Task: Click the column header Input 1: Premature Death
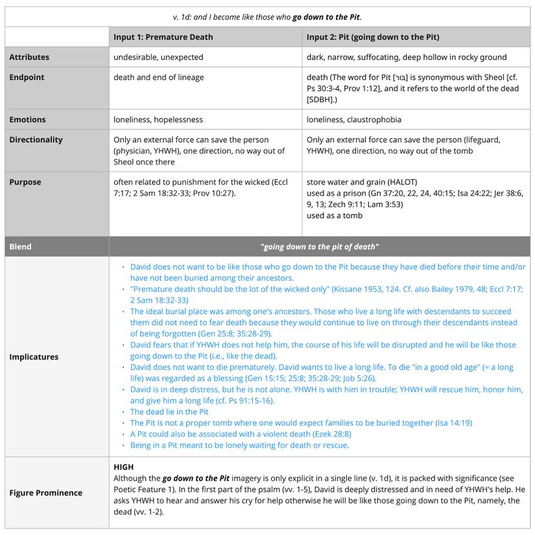163,37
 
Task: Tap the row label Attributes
29,57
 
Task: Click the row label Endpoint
27,77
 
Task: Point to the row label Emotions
27,119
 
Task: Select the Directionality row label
36,140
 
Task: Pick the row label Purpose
25,182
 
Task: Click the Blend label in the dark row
20,247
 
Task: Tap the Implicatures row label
34,356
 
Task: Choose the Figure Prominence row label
45,493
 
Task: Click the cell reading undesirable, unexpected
158,57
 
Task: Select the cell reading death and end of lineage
158,77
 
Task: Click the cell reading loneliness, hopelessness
158,119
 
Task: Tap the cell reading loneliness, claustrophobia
354,119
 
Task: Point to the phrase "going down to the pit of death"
319,247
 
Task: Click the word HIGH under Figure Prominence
123,467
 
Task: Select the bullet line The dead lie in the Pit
169,412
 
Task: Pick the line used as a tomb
335,216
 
